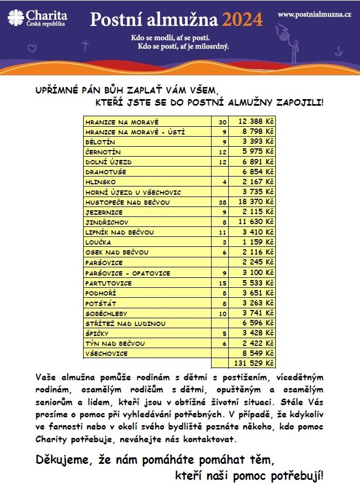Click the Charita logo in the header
point(37,19)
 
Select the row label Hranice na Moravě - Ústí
point(135,132)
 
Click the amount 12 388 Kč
point(256,121)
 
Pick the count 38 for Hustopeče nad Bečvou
point(223,202)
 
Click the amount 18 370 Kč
point(256,202)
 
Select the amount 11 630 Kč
point(256,222)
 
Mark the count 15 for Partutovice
point(223,283)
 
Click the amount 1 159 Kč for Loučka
point(256,242)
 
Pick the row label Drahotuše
point(106,172)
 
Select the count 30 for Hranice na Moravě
point(223,121)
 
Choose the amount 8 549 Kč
point(256,353)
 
